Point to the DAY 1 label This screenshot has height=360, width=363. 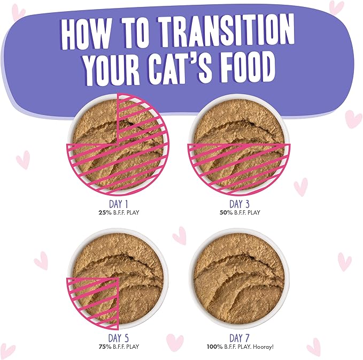click(118, 204)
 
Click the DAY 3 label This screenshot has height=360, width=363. click(240, 204)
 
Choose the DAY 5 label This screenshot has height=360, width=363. click(118, 338)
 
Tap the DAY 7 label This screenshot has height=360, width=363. click(240, 338)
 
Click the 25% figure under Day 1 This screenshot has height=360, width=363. click(99, 212)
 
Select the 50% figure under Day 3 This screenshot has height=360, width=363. click(220, 212)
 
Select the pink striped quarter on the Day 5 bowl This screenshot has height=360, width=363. click(92, 301)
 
